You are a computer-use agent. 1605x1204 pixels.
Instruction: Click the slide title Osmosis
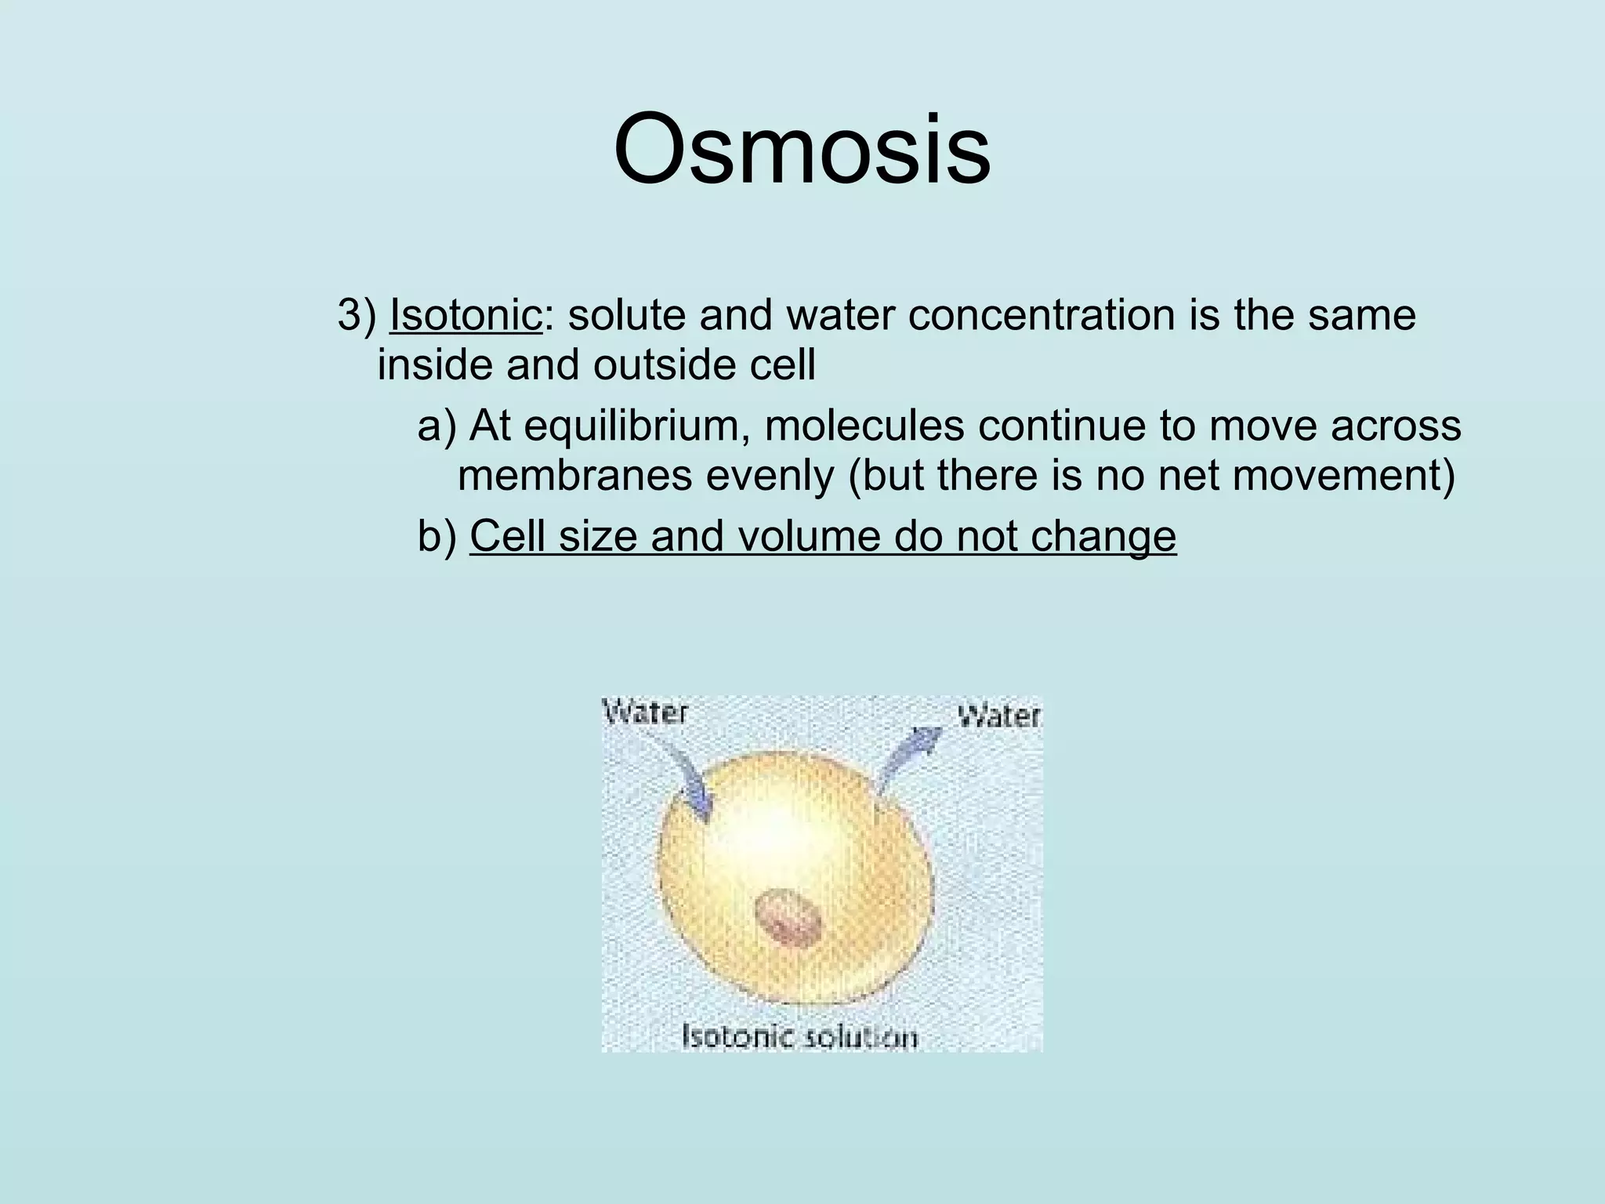(x=802, y=149)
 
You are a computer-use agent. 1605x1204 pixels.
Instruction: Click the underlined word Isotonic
(x=466, y=315)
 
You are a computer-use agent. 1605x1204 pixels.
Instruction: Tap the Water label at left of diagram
(x=645, y=713)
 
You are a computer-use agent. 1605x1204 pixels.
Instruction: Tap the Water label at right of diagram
(x=999, y=716)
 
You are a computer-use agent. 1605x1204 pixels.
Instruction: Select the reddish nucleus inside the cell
(x=788, y=918)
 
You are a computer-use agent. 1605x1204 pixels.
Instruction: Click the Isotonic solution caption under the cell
(x=800, y=1037)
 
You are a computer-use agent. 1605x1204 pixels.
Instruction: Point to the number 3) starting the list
(x=357, y=315)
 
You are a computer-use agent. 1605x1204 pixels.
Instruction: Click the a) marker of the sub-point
(x=437, y=426)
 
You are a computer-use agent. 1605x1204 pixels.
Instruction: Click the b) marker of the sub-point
(x=437, y=538)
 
